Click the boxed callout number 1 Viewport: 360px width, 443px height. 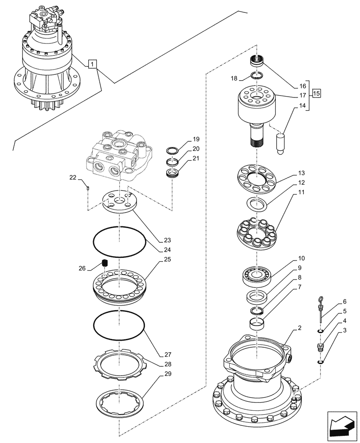tap(91, 65)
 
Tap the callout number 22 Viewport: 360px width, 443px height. tap(73, 178)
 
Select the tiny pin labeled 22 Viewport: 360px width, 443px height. tap(88, 188)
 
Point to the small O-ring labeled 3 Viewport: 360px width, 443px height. tap(320, 362)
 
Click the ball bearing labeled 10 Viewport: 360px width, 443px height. tap(257, 276)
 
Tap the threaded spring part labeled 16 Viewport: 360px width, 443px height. tap(257, 60)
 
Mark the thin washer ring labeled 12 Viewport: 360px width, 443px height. tap(257, 204)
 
